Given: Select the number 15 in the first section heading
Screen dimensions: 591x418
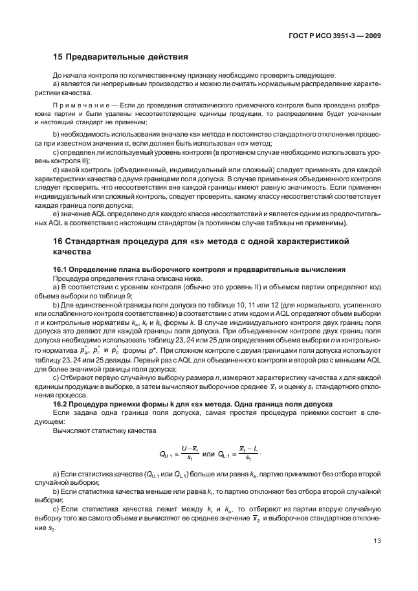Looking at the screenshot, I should click(x=58, y=57).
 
